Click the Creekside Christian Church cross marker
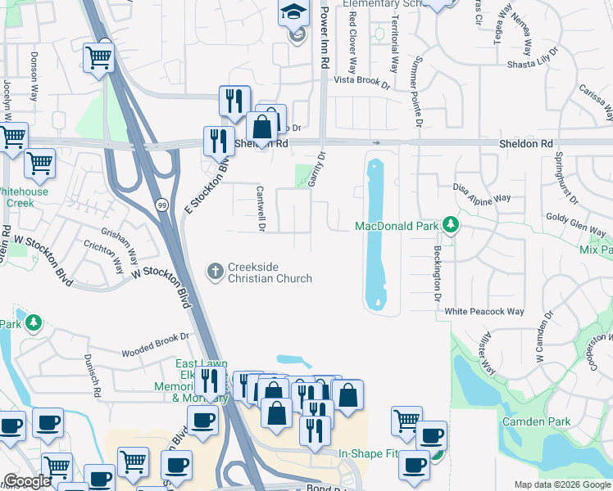point(216,269)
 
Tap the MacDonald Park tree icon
point(449,223)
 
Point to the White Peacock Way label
point(484,312)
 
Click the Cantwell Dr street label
point(261,208)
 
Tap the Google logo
point(27,481)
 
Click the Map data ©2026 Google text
point(562,484)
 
